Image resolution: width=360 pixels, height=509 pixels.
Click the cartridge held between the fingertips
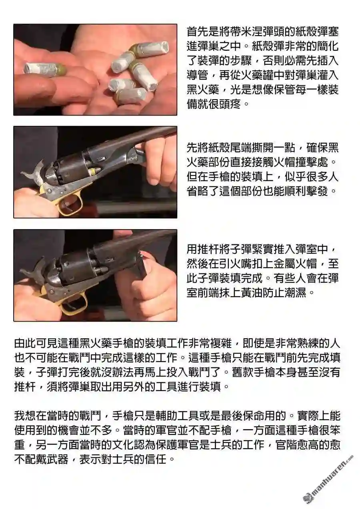[x=45, y=68]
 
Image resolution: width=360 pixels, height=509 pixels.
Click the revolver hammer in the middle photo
[x=34, y=172]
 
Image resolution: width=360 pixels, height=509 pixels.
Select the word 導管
[x=197, y=75]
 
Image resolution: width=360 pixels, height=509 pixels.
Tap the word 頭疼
[x=230, y=104]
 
